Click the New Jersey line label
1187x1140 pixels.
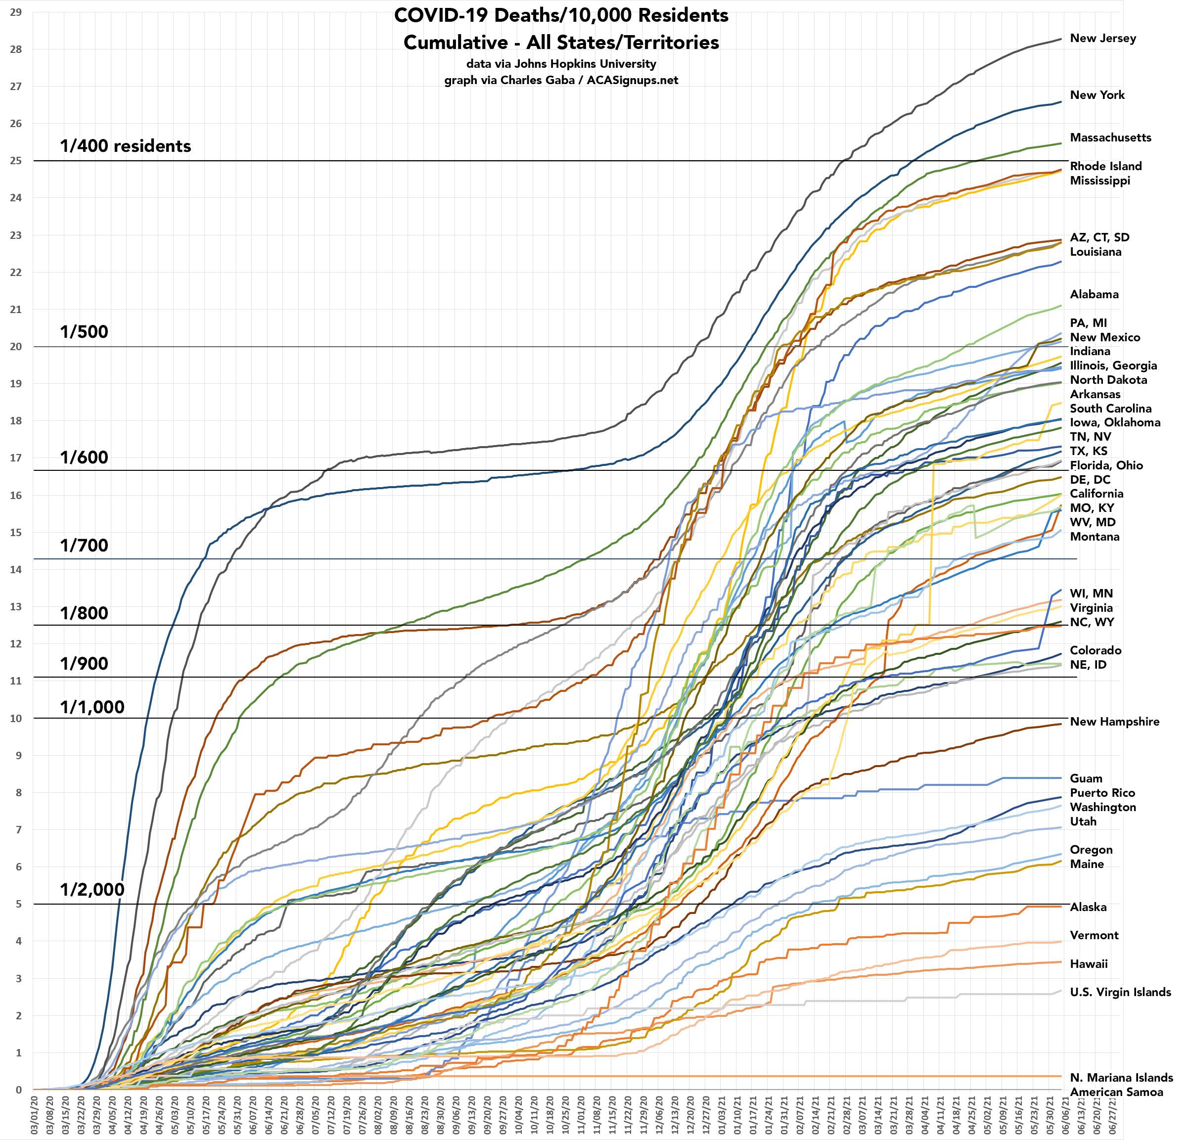click(1103, 38)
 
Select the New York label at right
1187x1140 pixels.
click(1097, 95)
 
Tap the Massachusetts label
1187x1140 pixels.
click(1110, 137)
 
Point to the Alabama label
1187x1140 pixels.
click(1094, 294)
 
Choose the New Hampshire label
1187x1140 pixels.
click(1114, 722)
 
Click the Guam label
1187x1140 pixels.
click(1086, 778)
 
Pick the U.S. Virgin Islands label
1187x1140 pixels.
click(1120, 992)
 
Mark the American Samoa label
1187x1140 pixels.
click(1116, 1092)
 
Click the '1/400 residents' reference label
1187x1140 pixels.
click(125, 146)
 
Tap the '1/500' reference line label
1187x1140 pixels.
click(84, 332)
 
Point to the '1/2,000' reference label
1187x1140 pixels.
click(92, 889)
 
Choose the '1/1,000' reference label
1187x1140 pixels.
click(92, 707)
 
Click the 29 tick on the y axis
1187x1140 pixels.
click(16, 12)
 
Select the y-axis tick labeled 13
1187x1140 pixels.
click(16, 607)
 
